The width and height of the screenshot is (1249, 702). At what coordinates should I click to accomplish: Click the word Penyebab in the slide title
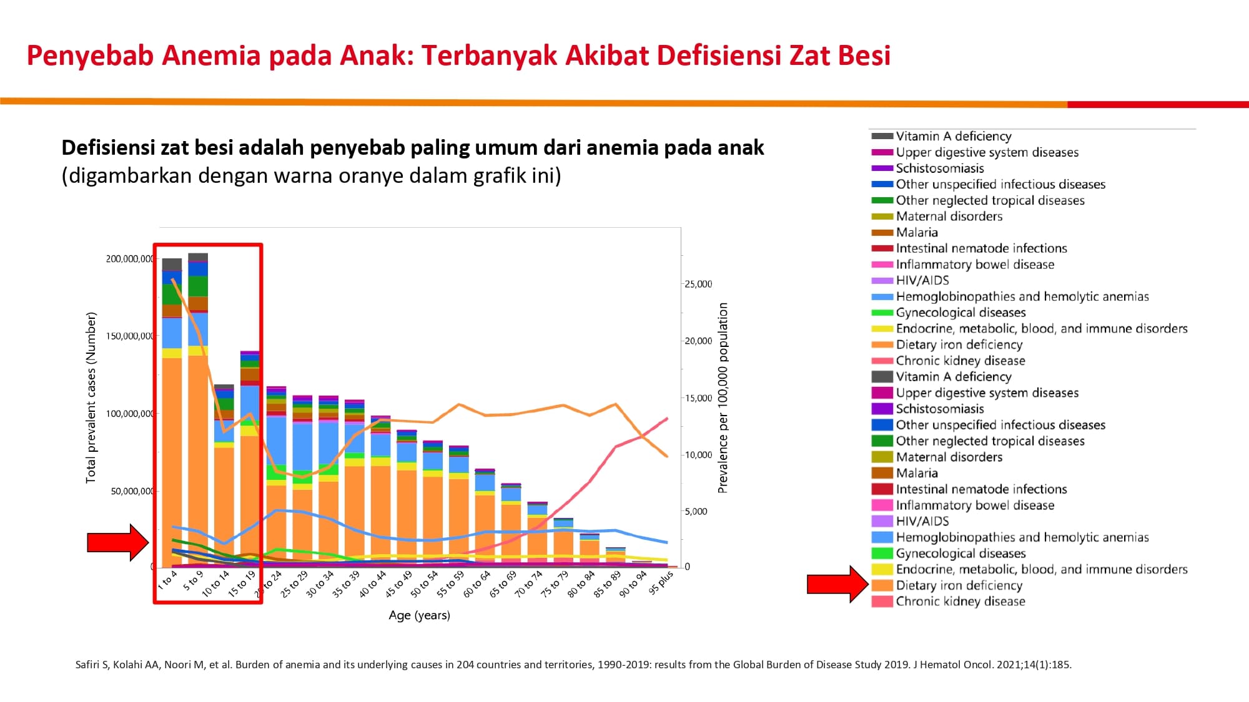(90, 56)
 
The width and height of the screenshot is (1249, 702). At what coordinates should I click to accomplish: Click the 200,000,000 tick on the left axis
(130, 259)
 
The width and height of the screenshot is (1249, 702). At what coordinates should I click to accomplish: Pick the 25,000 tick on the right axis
(698, 284)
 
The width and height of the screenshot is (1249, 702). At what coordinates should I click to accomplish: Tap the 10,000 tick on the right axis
(698, 455)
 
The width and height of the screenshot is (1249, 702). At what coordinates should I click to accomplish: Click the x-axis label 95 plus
(661, 582)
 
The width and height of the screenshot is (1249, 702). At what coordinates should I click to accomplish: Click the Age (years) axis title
(419, 615)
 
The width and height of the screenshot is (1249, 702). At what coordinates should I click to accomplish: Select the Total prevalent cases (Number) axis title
(91, 397)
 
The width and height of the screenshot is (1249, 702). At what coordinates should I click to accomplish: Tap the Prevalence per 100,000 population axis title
(723, 398)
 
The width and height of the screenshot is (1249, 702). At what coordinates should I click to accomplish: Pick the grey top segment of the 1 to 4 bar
(172, 265)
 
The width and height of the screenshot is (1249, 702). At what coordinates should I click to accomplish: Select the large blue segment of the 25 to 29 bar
(303, 447)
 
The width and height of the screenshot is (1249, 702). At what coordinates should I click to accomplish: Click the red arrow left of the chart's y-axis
(118, 542)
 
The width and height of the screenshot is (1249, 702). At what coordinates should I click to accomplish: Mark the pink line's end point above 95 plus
(668, 419)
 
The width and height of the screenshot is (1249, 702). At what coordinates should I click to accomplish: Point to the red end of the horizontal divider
(1158, 105)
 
